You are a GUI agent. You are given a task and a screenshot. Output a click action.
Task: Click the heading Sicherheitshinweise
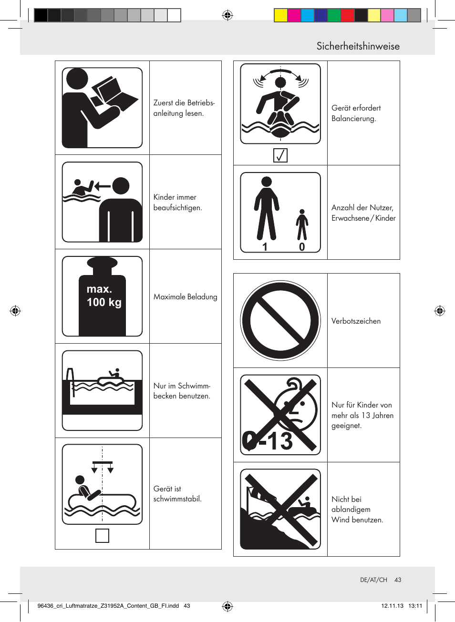pos(358,46)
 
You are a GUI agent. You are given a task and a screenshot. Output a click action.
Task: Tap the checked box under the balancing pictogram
pos(280,155)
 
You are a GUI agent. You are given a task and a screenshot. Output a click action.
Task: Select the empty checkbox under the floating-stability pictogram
pos(102,535)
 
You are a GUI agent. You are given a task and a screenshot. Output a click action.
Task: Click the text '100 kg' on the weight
pos(104,303)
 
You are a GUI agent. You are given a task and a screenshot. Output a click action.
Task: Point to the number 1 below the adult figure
pos(265,247)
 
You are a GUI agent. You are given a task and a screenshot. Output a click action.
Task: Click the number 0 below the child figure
pos(302,247)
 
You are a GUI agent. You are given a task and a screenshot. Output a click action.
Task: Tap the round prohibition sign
pos(280,321)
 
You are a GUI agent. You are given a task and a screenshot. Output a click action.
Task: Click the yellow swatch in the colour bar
pos(280,15)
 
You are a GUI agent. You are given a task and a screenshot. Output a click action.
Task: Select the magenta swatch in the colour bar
pos(294,15)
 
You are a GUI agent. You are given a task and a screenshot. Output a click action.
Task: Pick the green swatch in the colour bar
pos(334,15)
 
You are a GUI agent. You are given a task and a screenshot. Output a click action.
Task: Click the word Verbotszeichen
pos(356,321)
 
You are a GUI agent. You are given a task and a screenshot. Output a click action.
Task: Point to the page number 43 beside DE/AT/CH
pos(398,580)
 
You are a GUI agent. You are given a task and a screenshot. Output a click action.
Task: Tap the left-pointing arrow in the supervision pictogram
pos(103,186)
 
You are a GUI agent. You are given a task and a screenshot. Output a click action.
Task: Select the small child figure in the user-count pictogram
pos(302,224)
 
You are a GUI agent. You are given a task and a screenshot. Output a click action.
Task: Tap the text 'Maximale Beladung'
pos(185,297)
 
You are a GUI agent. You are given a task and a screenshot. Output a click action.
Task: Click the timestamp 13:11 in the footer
pos(415,606)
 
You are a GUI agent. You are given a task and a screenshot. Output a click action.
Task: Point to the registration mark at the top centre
pos(227,15)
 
